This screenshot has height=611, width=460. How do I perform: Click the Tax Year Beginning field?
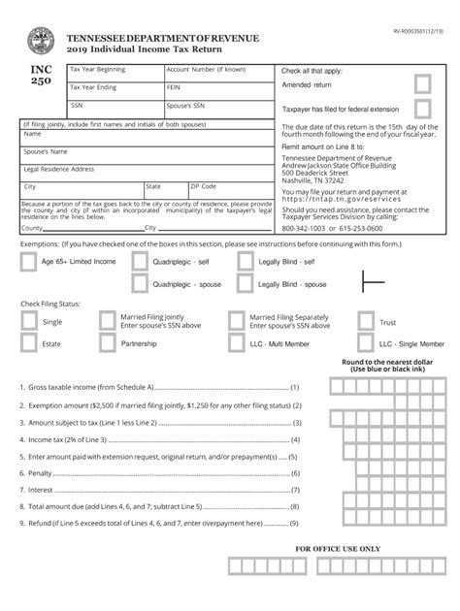coord(112,75)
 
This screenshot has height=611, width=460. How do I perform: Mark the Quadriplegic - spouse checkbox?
coord(140,284)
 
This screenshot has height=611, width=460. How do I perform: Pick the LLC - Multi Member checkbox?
coord(237,344)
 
